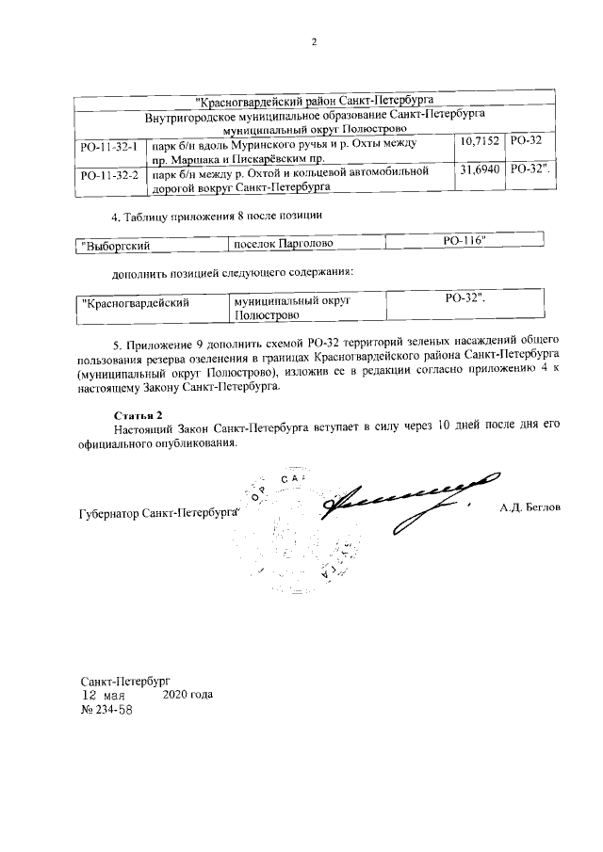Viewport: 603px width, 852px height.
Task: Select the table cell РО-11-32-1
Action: point(110,149)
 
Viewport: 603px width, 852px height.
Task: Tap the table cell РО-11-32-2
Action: point(110,175)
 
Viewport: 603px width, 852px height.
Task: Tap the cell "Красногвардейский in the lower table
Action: point(137,302)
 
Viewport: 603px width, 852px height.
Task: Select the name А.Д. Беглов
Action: point(530,508)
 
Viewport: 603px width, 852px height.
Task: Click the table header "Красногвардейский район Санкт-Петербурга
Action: point(312,98)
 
